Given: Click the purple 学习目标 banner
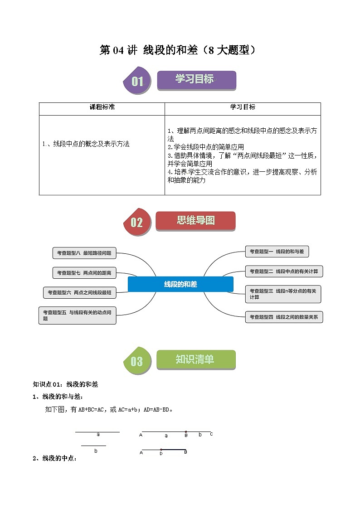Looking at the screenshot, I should click(x=196, y=80).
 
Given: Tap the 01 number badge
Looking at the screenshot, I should click(x=137, y=82).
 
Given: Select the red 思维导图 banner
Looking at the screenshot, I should click(x=195, y=221).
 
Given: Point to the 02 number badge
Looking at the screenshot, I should click(x=137, y=222).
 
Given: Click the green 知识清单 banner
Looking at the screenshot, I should click(x=196, y=360).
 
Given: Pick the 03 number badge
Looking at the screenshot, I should click(x=137, y=361).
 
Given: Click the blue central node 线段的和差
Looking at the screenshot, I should click(x=180, y=284).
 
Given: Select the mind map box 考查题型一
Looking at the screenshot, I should click(x=277, y=252).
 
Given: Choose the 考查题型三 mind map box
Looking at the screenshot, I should click(x=283, y=294).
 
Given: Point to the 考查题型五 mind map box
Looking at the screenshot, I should click(x=77, y=315).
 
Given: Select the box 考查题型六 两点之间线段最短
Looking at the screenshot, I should click(x=79, y=293).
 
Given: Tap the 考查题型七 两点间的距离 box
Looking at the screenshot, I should click(x=84, y=273).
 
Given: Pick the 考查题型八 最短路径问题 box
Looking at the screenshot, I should click(x=84, y=253).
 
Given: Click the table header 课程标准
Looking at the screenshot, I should click(x=102, y=107).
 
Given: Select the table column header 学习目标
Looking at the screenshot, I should click(x=243, y=107).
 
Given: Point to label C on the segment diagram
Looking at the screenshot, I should click(x=211, y=434).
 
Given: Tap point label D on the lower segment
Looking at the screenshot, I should click(x=161, y=452).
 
